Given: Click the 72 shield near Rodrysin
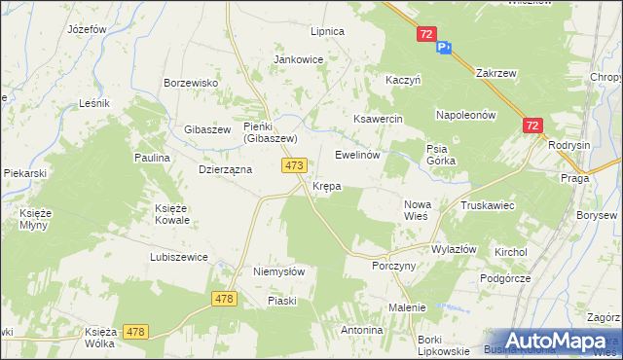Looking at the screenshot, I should tap(531, 126).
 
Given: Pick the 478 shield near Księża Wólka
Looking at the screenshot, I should tap(135, 333).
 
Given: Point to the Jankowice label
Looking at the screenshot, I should tap(298, 59).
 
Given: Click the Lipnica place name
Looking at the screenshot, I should tap(327, 31).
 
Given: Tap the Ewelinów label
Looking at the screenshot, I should tap(356, 155).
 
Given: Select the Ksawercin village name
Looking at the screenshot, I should tap(378, 118).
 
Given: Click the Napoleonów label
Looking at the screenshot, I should tap(466, 114).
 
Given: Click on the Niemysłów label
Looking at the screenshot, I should tap(279, 272).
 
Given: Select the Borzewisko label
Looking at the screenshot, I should tap(191, 83).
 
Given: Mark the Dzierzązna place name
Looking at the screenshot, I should tap(226, 168).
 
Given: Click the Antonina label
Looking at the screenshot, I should tap(361, 330).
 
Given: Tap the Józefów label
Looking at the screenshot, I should tap(87, 29).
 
